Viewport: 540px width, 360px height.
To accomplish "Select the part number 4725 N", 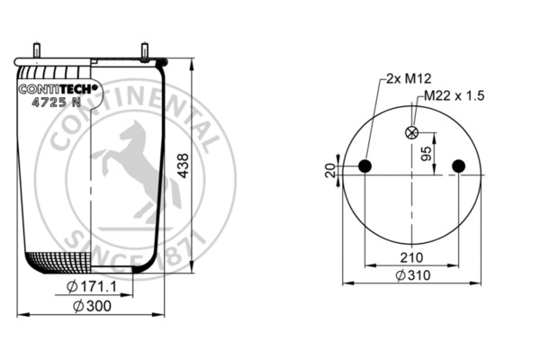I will click(57, 102).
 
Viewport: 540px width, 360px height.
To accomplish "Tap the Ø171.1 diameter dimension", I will click(94, 287).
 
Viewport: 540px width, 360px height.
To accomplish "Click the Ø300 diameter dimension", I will click(92, 307).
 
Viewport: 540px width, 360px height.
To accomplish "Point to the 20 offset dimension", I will click(329, 170).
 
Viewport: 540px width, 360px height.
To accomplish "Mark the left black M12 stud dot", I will click(365, 166).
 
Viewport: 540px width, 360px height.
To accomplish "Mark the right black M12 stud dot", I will click(460, 166).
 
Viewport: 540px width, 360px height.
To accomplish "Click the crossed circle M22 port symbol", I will click(413, 133).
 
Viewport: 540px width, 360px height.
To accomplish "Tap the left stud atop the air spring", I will click(38, 51).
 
